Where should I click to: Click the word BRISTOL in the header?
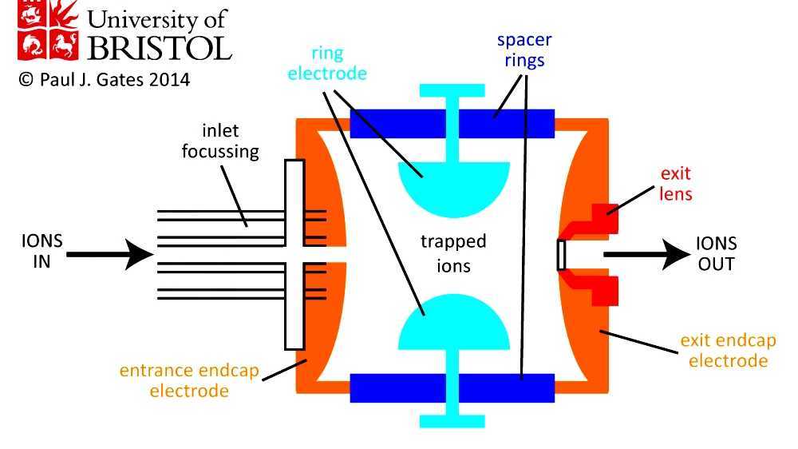[159, 49]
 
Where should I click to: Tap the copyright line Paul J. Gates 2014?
[103, 81]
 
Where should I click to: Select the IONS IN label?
[42, 251]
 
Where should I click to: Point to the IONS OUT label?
[717, 253]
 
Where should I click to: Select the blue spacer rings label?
[523, 50]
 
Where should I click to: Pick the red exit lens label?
[675, 183]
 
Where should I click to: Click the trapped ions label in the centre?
[452, 252]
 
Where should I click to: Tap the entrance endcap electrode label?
[188, 380]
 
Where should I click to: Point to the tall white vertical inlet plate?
[294, 254]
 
